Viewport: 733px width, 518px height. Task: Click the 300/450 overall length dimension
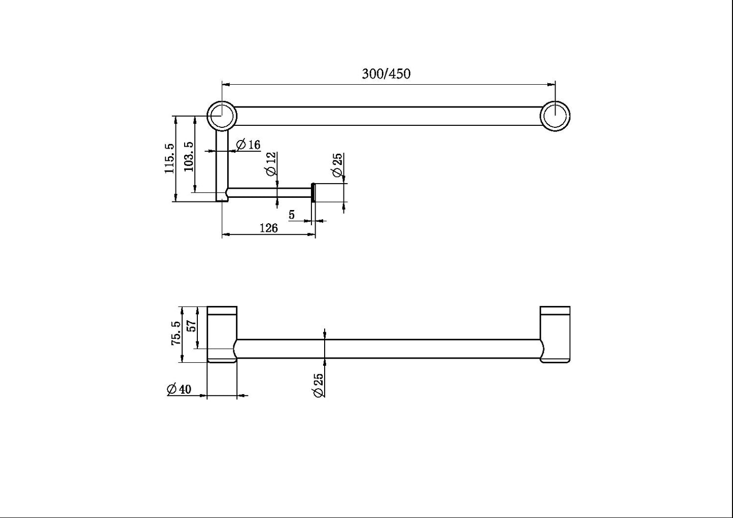pyautogui.click(x=386, y=74)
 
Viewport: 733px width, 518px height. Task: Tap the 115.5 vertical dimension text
pyautogui.click(x=169, y=158)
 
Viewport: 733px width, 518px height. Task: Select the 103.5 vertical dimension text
pyautogui.click(x=189, y=156)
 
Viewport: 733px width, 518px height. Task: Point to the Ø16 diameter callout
pyautogui.click(x=248, y=145)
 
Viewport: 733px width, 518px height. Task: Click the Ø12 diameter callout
pyautogui.click(x=271, y=164)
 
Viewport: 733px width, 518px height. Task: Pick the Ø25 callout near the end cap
pyautogui.click(x=337, y=165)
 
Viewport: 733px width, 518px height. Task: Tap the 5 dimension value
pyautogui.click(x=292, y=215)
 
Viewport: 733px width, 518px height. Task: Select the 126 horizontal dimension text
pyautogui.click(x=268, y=228)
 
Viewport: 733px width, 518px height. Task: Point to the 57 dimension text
pyautogui.click(x=192, y=325)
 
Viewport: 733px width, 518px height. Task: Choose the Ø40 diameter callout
pyautogui.click(x=179, y=389)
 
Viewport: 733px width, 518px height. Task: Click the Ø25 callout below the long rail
pyautogui.click(x=319, y=386)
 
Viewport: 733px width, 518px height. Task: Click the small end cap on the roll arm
pyautogui.click(x=313, y=193)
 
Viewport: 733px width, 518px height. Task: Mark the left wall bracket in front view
pyautogui.click(x=222, y=334)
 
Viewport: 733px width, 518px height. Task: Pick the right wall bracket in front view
pyautogui.click(x=555, y=334)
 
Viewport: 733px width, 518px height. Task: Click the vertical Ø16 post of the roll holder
pyautogui.click(x=223, y=162)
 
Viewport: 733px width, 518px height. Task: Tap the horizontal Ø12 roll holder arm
pyautogui.click(x=269, y=193)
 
